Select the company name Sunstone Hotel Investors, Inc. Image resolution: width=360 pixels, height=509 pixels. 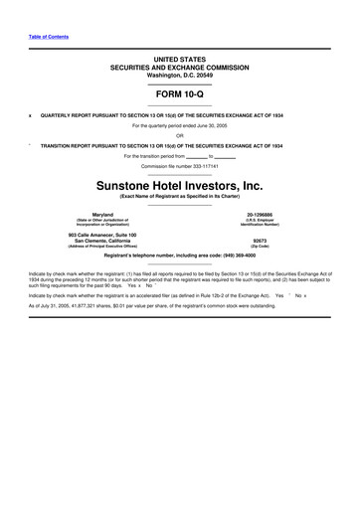(x=179, y=186)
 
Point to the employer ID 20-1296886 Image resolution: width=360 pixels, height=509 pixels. (x=260, y=214)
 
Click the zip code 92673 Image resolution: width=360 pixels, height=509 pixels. (x=260, y=241)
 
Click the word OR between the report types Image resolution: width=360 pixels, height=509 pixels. (x=179, y=135)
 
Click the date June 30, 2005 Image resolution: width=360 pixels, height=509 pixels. (x=209, y=126)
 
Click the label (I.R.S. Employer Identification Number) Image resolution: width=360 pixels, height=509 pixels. (x=260, y=223)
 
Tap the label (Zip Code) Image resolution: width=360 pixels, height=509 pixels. (x=260, y=247)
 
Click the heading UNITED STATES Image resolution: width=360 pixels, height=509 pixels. (x=179, y=61)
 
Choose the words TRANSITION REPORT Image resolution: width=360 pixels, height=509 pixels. (x=67, y=146)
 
